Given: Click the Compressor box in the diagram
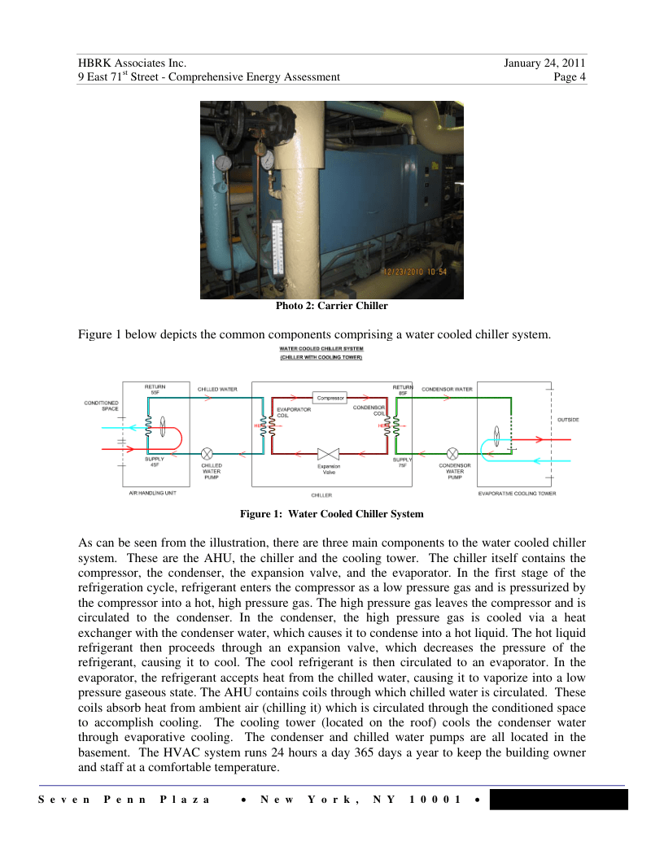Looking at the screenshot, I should click(331, 398).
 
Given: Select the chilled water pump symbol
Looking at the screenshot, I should click(208, 453).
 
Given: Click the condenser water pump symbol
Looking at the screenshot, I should click(452, 453).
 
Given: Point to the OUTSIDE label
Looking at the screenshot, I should click(568, 420).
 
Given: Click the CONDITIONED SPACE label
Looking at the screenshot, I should click(103, 405).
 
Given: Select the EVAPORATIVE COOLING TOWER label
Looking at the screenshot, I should click(517, 493).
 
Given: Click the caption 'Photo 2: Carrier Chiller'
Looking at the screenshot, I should click(331, 306).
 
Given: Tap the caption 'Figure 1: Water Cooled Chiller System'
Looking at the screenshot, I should click(331, 514).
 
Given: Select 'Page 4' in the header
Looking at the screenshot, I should click(570, 77).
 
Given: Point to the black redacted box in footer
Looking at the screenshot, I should click(558, 799).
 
